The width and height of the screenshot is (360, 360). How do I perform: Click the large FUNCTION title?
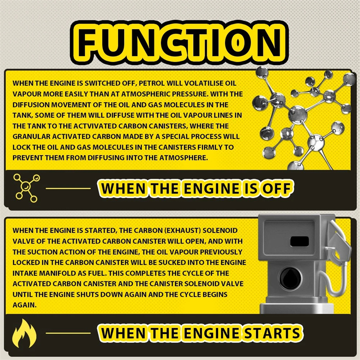point(180,43)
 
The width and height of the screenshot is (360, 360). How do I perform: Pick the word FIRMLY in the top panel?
point(211,147)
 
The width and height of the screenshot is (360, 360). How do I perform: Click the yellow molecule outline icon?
point(27,188)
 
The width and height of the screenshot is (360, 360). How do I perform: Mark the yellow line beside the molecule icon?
point(68,189)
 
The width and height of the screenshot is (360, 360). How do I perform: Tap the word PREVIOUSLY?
point(221,252)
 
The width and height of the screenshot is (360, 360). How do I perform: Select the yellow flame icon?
point(24,333)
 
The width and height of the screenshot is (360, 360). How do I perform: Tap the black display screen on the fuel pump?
point(299,242)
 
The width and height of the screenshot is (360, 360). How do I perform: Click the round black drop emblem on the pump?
point(290,279)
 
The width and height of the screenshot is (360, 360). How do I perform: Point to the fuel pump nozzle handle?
point(339,242)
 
